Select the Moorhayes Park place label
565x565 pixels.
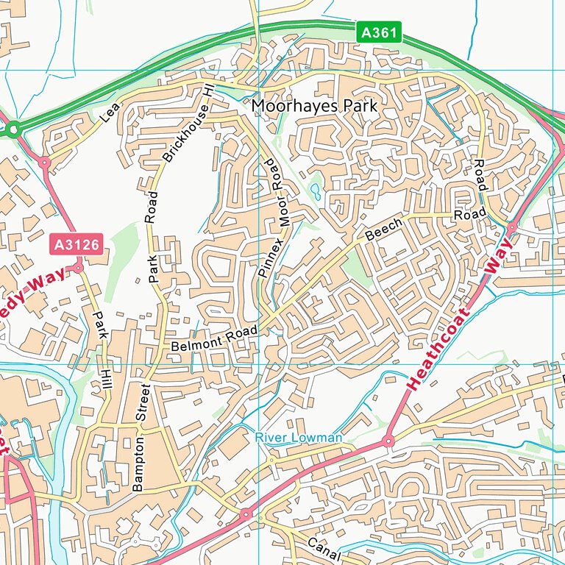[x=314, y=106]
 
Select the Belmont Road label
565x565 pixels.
[x=213, y=338]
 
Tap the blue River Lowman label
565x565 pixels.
[x=299, y=438]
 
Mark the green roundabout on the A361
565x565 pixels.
[x=13, y=132]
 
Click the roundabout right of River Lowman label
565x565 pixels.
[x=388, y=441]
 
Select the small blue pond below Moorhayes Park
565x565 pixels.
[x=316, y=193]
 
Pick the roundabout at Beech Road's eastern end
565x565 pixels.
[x=511, y=228]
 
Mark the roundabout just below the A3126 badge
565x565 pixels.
[x=78, y=269]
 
